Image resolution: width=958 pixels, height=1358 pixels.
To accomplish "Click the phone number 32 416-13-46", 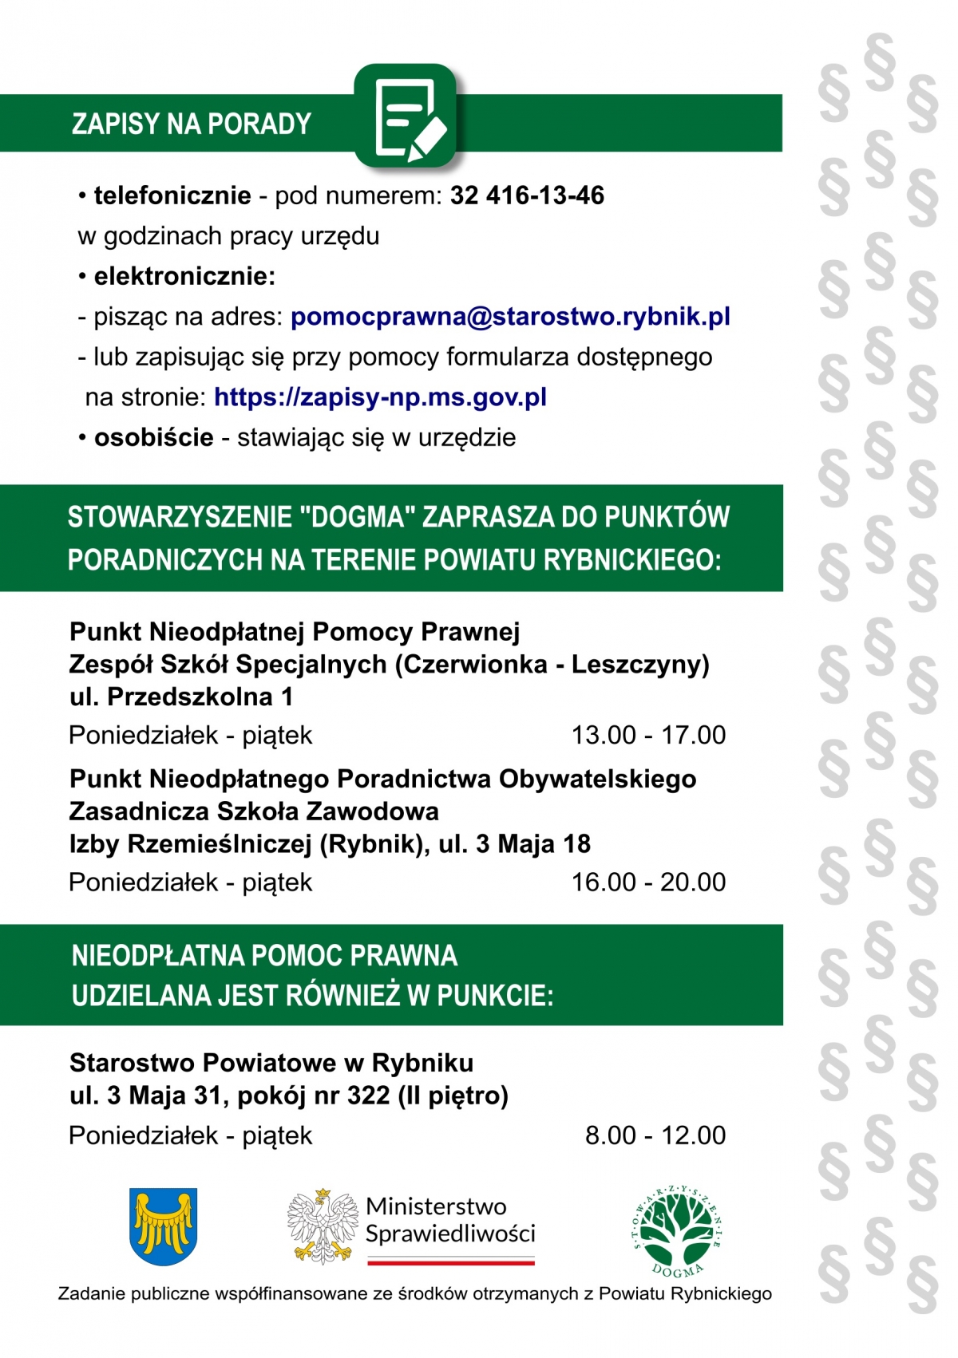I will click(527, 195).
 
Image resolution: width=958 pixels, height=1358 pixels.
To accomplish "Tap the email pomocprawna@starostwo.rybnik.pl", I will click(510, 317).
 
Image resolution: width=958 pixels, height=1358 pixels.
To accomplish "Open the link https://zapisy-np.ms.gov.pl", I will click(380, 397).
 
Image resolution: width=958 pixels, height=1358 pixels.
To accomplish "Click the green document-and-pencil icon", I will click(406, 116).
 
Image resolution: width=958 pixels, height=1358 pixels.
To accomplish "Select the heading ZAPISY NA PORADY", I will click(192, 124).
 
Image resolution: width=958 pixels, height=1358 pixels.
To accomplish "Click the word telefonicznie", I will click(172, 195).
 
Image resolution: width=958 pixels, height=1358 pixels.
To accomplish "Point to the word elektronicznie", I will click(184, 277).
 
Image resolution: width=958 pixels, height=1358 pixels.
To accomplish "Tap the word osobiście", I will click(154, 437).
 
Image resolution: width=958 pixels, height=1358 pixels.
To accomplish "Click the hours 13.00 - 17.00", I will click(648, 735).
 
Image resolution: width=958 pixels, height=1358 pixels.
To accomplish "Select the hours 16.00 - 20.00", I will click(648, 882).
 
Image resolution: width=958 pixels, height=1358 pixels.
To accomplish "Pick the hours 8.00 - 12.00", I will click(655, 1135).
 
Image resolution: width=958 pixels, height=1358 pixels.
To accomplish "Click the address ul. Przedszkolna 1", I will click(181, 697).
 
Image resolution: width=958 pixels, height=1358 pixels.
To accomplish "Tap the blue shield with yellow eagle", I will click(163, 1226).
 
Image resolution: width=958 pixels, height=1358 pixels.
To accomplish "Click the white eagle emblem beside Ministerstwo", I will click(322, 1226).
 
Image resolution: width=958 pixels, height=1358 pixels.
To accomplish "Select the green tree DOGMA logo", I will click(679, 1230).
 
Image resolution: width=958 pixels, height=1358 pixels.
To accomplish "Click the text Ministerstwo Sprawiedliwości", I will click(450, 1220).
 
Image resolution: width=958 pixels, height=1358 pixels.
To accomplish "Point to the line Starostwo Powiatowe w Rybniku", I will click(271, 1063).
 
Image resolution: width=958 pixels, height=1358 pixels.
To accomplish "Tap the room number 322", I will click(369, 1095).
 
